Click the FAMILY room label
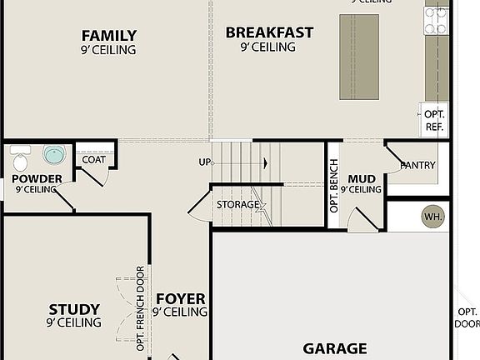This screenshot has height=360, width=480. tap(108, 36)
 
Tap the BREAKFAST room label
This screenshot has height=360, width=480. tap(269, 33)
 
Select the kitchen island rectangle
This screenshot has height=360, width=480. tap(359, 56)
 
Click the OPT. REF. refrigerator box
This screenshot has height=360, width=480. tap(434, 120)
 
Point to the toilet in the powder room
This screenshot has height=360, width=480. tap(21, 156)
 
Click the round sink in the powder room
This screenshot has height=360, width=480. tap(54, 155)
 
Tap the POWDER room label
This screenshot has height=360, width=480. tap(37, 178)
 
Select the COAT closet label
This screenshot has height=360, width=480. tap(93, 159)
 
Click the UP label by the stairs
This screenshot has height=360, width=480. tap(204, 162)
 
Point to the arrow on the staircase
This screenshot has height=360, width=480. tap(264, 162)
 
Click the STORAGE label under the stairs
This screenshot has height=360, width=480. tap(237, 204)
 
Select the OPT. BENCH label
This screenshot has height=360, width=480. tap(334, 188)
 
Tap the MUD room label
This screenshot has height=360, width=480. tap(361, 178)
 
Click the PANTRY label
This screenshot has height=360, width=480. tap(417, 165)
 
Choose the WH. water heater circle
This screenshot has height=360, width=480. tap(432, 217)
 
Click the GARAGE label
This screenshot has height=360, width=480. tap(334, 348)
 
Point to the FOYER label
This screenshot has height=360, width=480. tap(180, 298)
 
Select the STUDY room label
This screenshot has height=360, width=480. tap(74, 309)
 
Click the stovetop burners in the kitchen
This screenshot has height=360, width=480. tap(436, 21)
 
